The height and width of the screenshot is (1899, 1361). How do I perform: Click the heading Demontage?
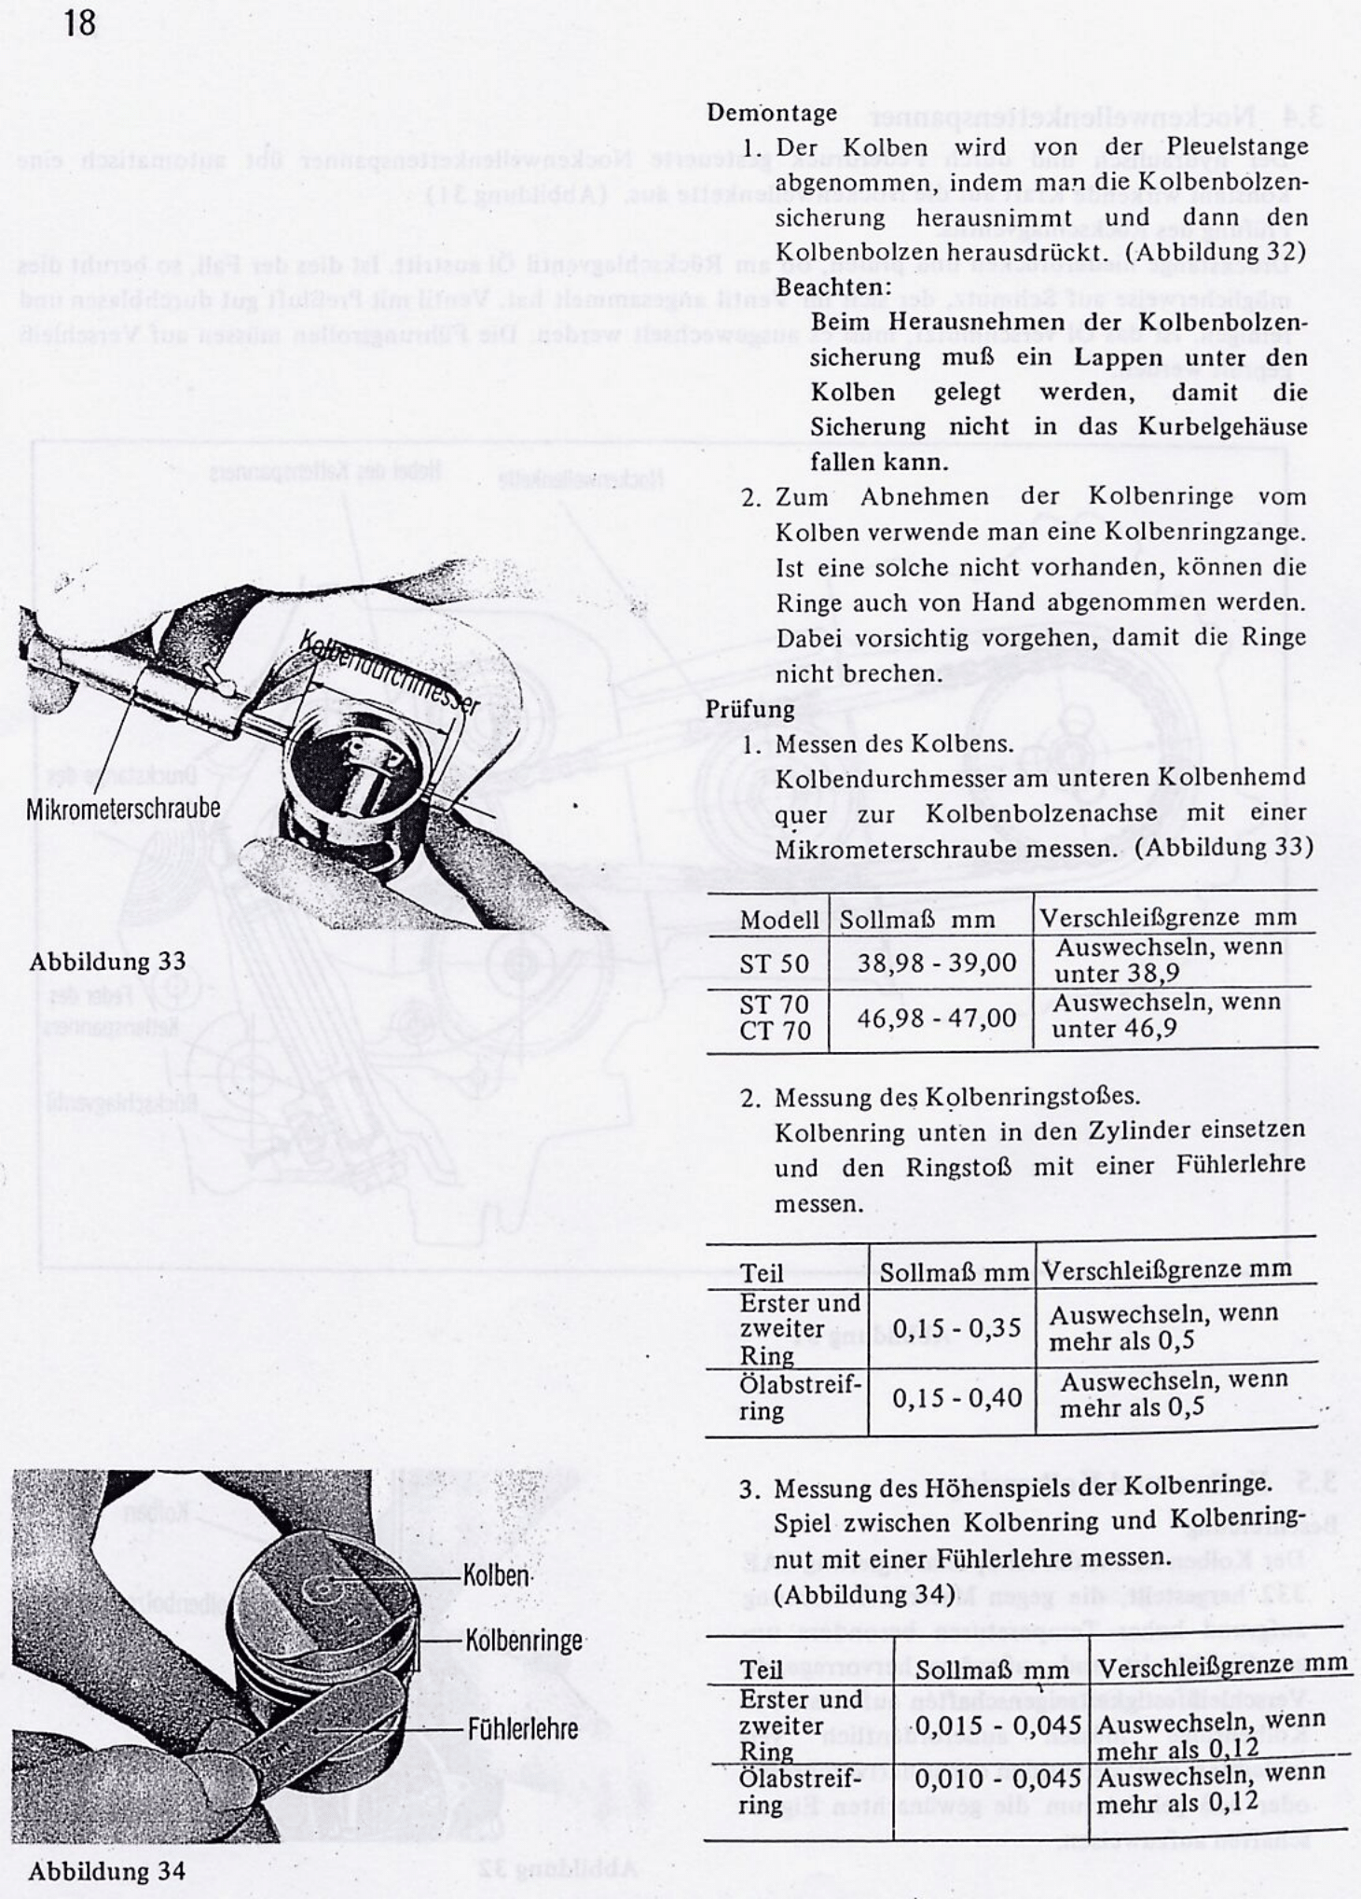[771, 113]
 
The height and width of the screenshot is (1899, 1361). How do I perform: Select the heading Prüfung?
[749, 709]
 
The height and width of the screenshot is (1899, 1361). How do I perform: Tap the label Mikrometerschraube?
[123, 808]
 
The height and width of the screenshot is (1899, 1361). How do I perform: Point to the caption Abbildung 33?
[107, 961]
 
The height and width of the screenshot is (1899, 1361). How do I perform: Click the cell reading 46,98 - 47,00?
[936, 1017]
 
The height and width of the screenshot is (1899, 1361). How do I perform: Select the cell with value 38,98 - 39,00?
[936, 963]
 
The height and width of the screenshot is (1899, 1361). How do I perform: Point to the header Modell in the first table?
[778, 920]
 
